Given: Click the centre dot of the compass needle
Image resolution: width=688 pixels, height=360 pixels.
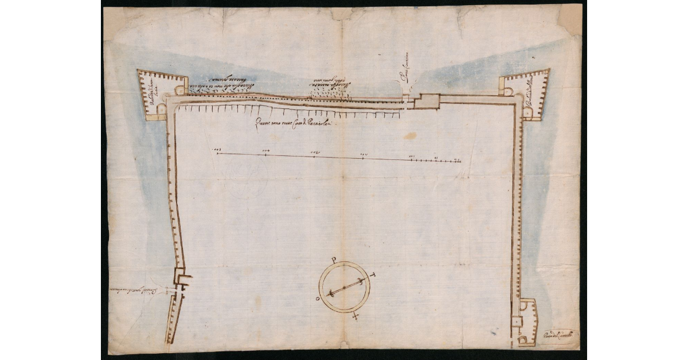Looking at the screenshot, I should (344, 287).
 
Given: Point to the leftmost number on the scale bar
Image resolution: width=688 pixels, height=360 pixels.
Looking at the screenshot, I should (217, 150).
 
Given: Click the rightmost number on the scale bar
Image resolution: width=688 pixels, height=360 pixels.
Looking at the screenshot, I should (457, 160).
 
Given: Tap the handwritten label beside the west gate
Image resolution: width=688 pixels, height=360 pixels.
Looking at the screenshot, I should (136, 290).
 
